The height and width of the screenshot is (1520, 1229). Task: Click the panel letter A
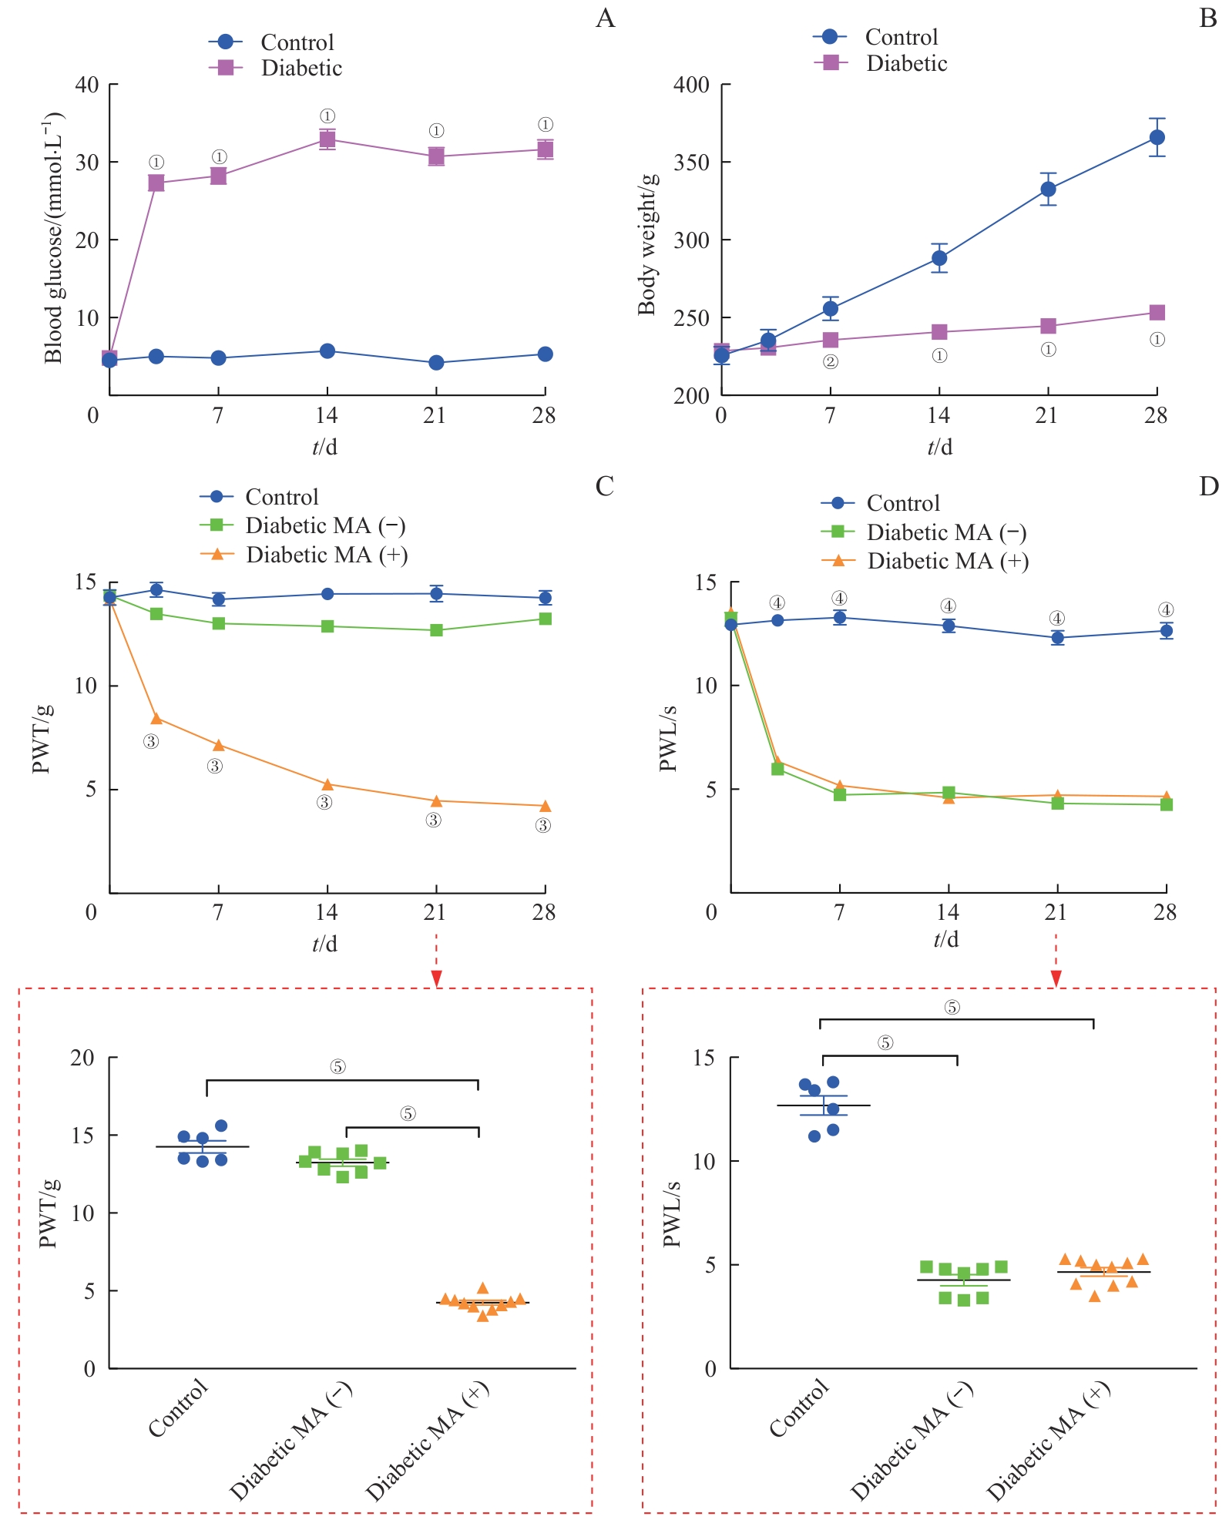(x=606, y=18)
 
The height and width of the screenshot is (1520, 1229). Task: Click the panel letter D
(x=1208, y=486)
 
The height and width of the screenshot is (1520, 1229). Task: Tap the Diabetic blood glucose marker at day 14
(x=327, y=139)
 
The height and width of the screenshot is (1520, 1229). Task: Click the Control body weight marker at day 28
(x=1157, y=137)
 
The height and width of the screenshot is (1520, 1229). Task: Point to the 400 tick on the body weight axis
(x=691, y=85)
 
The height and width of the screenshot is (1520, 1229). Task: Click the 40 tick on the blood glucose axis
(x=87, y=85)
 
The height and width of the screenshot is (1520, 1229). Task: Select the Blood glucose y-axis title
(x=52, y=239)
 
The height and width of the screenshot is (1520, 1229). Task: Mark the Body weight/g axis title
(x=647, y=244)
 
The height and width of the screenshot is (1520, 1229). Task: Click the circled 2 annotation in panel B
(x=830, y=361)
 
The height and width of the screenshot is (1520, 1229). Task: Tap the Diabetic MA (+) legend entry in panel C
(x=326, y=555)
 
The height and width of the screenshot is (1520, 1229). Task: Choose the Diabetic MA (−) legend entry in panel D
(x=946, y=532)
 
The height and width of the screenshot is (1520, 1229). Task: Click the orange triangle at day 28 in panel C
(x=545, y=806)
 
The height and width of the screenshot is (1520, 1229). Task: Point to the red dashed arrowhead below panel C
(x=437, y=978)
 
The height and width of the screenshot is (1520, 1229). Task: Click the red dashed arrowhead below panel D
(x=1056, y=978)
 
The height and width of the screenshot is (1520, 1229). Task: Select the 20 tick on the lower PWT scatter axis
(x=82, y=1058)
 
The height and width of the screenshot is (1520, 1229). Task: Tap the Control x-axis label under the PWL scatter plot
(x=799, y=1408)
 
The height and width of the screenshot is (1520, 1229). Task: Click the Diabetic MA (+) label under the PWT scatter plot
(x=428, y=1441)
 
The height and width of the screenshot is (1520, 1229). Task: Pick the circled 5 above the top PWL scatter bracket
(x=952, y=1007)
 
